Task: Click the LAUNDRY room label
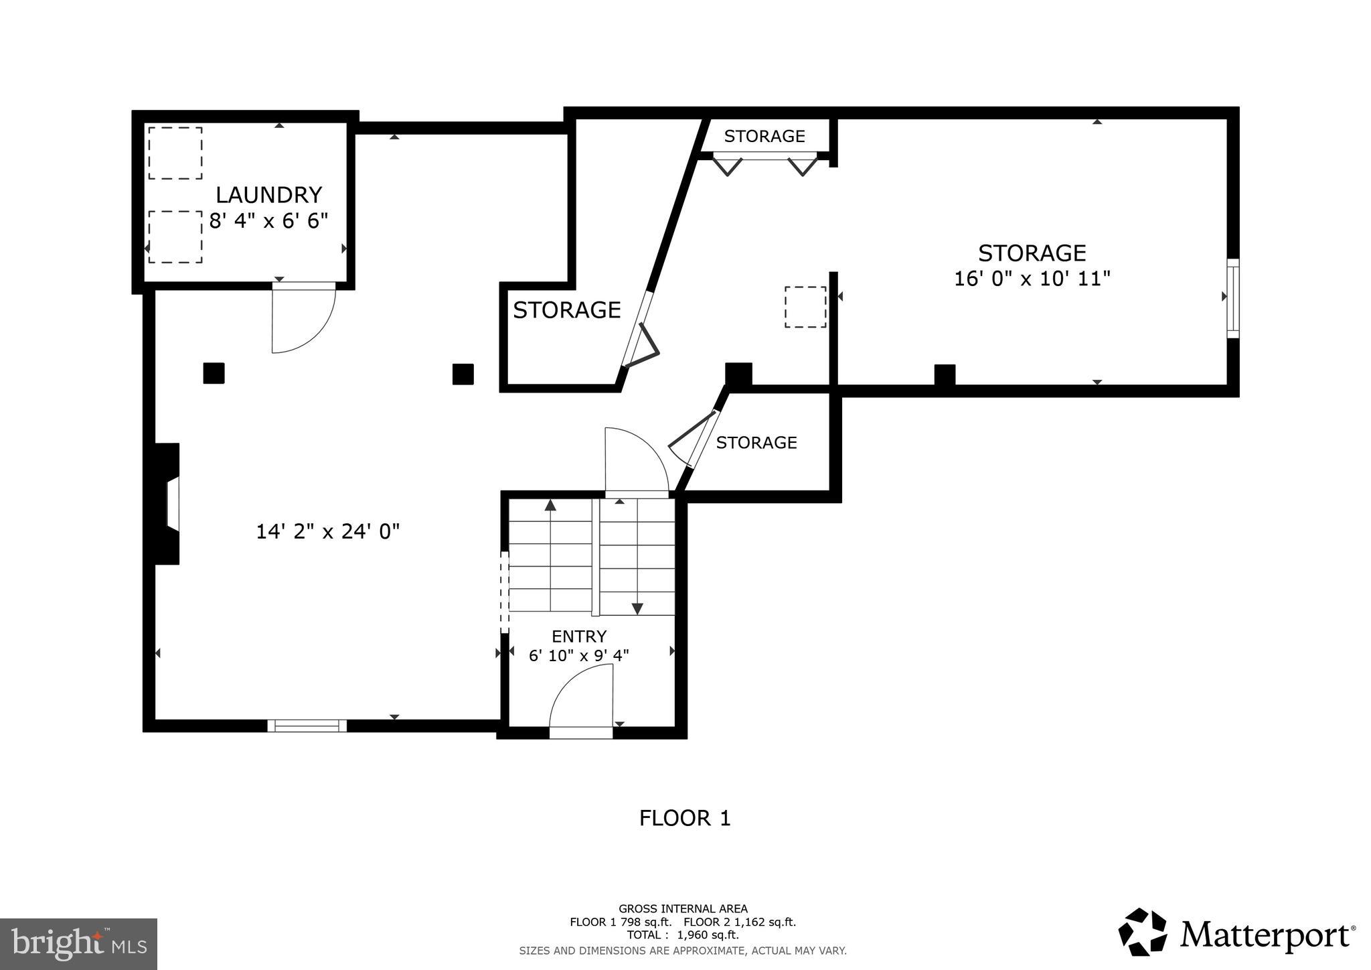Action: pyautogui.click(x=268, y=195)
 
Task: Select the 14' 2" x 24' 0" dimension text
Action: pyautogui.click(x=328, y=532)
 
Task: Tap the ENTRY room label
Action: pyautogui.click(x=579, y=636)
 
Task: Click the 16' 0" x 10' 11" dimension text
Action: pyautogui.click(x=1032, y=279)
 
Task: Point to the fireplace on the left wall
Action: pyautogui.click(x=167, y=504)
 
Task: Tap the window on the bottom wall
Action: pyautogui.click(x=307, y=725)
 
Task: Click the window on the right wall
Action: pyautogui.click(x=1232, y=298)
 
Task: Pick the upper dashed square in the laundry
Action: pyautogui.click(x=175, y=153)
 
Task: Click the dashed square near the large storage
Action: pyautogui.click(x=805, y=307)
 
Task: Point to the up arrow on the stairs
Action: pyautogui.click(x=550, y=506)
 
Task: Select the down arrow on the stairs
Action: pyautogui.click(x=637, y=608)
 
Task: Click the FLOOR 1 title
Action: pyautogui.click(x=685, y=818)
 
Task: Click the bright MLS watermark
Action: pyautogui.click(x=78, y=944)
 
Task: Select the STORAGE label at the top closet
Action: pyautogui.click(x=764, y=136)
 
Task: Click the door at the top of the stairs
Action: pyautogui.click(x=636, y=462)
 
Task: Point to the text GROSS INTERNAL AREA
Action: pyautogui.click(x=683, y=909)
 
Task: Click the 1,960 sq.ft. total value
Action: pyautogui.click(x=708, y=935)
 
